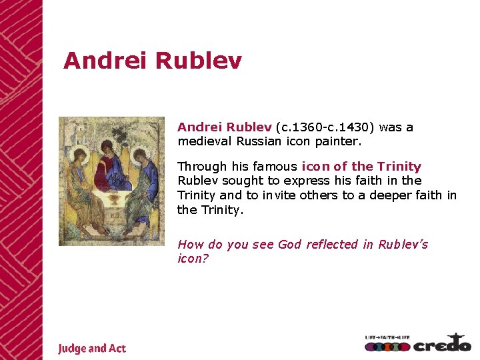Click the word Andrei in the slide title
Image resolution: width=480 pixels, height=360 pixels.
click(105, 61)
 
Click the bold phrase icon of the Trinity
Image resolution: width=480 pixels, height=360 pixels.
click(361, 167)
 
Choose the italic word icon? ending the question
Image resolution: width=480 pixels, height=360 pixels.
click(193, 259)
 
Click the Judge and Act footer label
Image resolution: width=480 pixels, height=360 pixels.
click(91, 348)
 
